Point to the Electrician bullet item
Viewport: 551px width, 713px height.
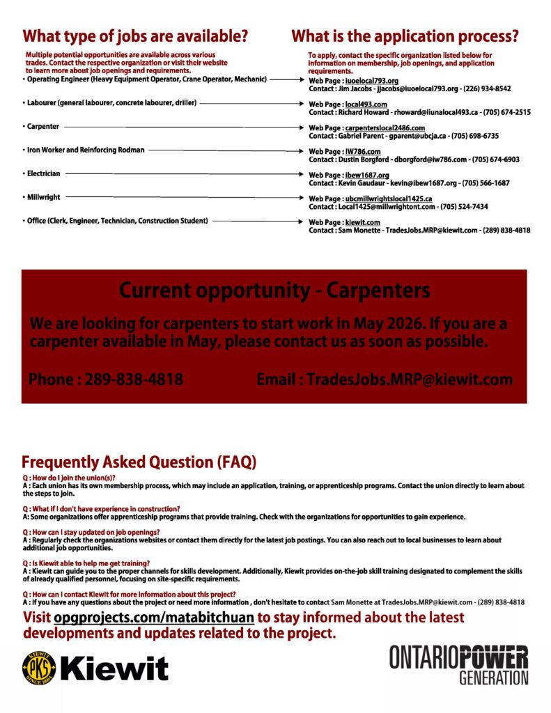pos(43,173)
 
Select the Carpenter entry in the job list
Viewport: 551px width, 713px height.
pos(43,127)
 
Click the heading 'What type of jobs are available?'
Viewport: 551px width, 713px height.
pos(135,36)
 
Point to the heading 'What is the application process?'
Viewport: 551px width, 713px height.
pos(405,36)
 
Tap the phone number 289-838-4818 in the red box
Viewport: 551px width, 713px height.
pos(134,380)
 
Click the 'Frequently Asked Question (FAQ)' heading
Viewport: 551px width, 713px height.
pos(139,462)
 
